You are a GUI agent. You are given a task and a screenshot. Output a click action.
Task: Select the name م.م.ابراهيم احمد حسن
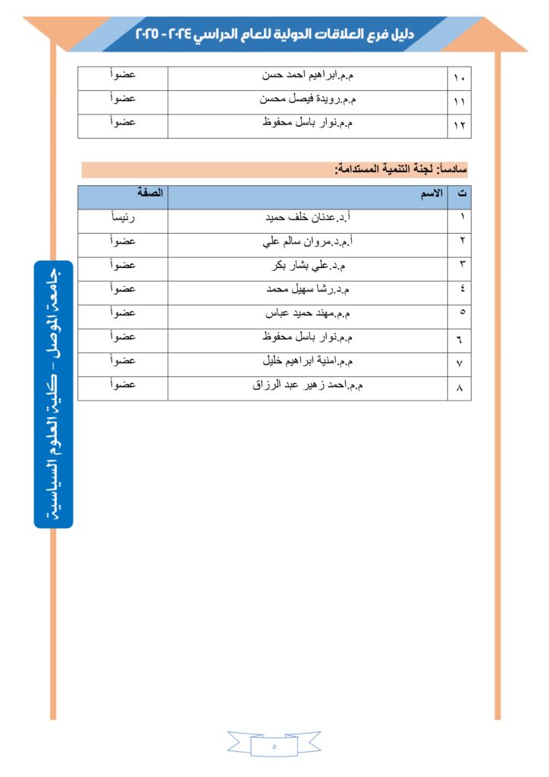(308, 76)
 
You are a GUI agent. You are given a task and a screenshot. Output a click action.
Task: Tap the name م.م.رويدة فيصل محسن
(308, 99)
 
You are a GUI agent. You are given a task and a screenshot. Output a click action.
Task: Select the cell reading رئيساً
(123, 219)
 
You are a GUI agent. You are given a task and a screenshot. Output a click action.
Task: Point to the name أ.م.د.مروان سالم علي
(309, 242)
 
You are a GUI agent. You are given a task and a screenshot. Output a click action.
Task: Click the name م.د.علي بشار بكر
(309, 266)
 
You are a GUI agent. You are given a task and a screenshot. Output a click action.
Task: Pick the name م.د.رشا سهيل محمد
(308, 289)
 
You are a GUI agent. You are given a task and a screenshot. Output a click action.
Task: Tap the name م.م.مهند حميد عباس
(308, 313)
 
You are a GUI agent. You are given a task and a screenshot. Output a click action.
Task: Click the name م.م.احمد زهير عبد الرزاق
(308, 385)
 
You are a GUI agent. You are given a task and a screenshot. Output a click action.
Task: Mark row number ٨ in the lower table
(460, 388)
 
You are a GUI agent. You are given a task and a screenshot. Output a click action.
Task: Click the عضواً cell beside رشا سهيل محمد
(123, 289)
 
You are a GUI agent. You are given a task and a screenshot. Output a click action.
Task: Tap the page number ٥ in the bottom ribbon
(274, 746)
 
